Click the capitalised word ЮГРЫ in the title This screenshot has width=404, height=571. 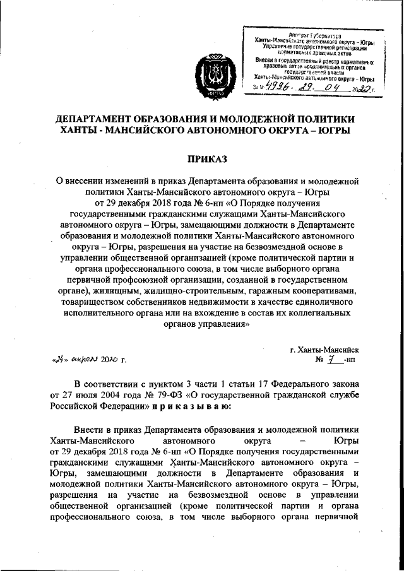329,131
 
